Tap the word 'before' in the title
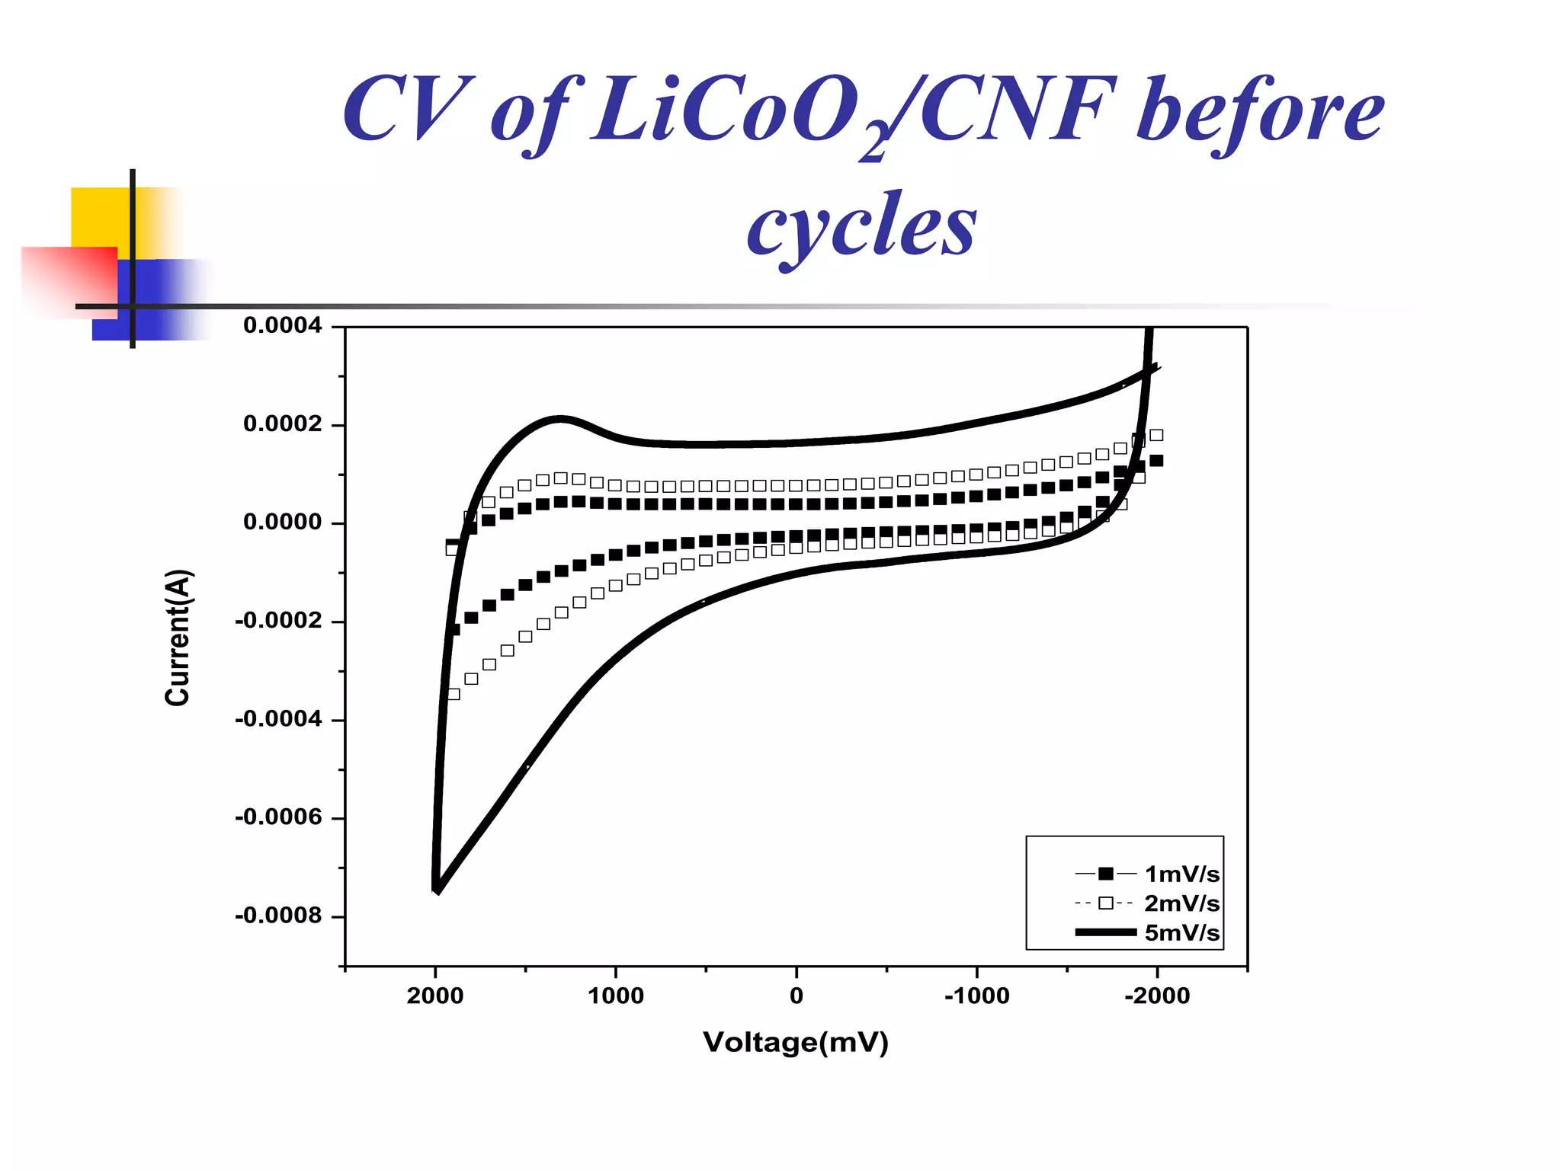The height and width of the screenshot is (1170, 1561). coord(1259,110)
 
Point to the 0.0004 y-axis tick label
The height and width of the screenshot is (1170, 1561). coord(282,326)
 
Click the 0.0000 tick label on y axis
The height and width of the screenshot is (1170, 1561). coord(282,523)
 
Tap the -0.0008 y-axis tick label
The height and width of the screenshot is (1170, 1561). coord(278,916)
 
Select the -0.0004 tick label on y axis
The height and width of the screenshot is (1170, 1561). coord(278,719)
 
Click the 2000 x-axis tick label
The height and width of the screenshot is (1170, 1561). coord(434,996)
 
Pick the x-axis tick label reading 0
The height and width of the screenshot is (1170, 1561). coord(797,996)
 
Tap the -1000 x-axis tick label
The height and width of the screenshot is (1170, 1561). coord(976,996)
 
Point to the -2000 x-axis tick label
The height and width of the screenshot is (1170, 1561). coord(1156,996)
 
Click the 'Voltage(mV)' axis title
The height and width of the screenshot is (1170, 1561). coord(796,1043)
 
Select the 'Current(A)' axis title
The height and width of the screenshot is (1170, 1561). coord(178,638)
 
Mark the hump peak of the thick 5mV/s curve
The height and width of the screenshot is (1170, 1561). coord(560,419)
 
